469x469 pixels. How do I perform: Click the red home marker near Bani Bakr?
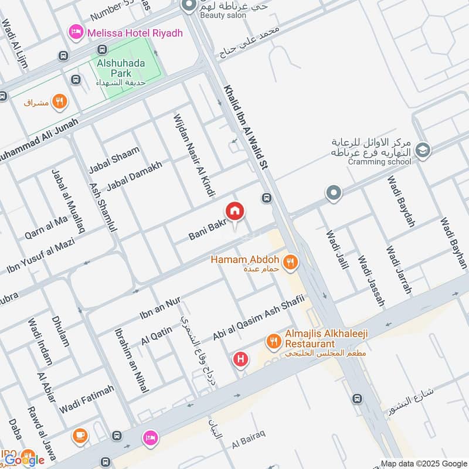235,210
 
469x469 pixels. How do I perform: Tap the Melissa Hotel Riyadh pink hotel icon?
75,32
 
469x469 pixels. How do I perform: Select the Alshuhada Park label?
123,68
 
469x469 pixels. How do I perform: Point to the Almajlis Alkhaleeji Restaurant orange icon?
273,341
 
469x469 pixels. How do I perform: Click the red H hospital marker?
240,359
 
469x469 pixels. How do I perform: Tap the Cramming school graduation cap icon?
422,151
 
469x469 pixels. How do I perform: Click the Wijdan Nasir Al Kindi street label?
194,155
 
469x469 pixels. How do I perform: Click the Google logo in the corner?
25,460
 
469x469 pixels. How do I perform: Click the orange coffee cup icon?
80,436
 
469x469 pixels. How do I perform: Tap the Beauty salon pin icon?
189,6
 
